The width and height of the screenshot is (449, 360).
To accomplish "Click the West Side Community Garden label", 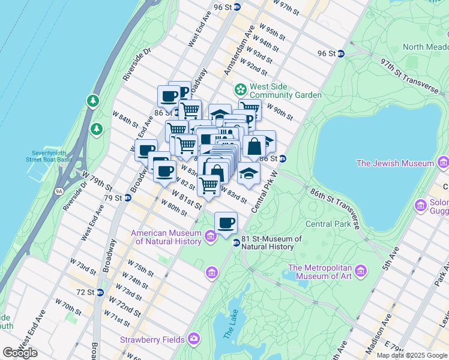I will pyautogui.click(x=285, y=91).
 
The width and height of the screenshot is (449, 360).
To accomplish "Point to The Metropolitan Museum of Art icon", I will pyautogui.click(x=361, y=271).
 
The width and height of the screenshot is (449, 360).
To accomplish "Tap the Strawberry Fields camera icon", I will pyautogui.click(x=194, y=340).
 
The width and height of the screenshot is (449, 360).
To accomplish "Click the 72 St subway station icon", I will pyautogui.click(x=100, y=292).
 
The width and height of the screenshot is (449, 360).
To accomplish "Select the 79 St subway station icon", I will pyautogui.click(x=127, y=197).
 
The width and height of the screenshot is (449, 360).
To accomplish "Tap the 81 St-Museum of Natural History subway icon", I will pyautogui.click(x=237, y=243).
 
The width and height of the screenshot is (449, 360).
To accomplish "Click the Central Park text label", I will pyautogui.click(x=327, y=224).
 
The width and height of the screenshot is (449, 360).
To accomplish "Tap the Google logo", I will pyautogui.click(x=20, y=353).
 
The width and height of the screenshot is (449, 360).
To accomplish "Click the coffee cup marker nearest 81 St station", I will pyautogui.click(x=226, y=223).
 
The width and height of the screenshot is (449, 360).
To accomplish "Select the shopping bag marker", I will pyautogui.click(x=254, y=146).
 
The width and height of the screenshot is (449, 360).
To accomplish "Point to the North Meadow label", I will pyautogui.click(x=425, y=47).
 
